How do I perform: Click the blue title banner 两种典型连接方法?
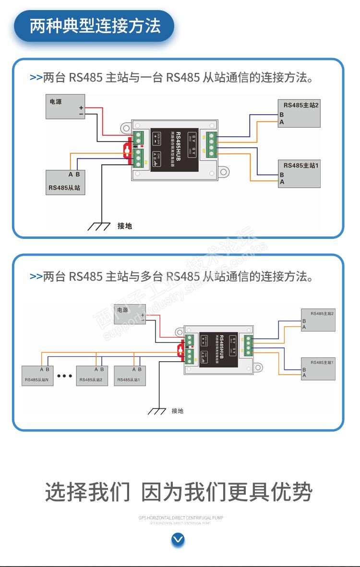tap(95, 26)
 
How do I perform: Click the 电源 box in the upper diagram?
tap(66, 107)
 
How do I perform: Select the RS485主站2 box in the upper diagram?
tap(300, 114)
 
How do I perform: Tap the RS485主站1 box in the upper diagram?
tap(300, 174)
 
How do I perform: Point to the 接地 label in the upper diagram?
tap(125, 225)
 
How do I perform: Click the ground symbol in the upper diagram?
tap(99, 224)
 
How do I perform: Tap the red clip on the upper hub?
tap(128, 150)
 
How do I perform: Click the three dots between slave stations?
tap(64, 376)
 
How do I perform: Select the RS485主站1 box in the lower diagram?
tap(318, 368)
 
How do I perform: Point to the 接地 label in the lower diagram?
tap(178, 411)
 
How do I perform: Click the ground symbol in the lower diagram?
tap(157, 411)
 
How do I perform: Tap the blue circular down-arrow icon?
tap(178, 540)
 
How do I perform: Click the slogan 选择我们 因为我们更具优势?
tap(179, 492)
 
